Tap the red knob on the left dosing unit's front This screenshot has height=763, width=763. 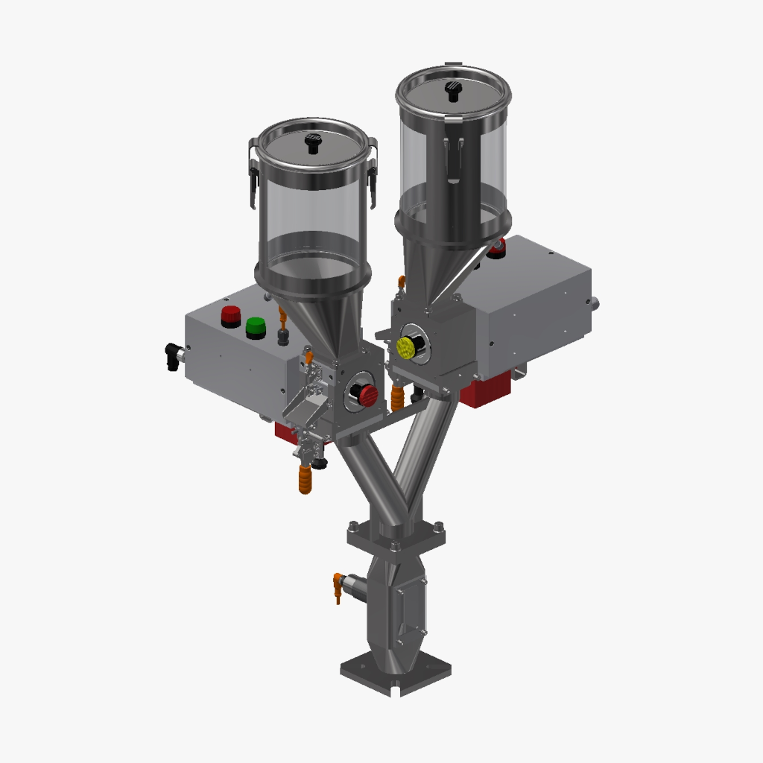[367, 395]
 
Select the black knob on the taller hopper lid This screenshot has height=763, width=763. [452, 90]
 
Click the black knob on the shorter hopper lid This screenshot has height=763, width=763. [314, 143]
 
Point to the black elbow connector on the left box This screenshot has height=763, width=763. [174, 356]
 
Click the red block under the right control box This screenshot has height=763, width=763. [486, 388]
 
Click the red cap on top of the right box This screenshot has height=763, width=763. [497, 247]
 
